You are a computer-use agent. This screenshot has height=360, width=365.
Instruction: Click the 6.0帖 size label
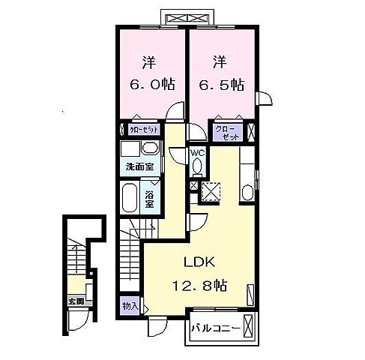[x=149, y=85]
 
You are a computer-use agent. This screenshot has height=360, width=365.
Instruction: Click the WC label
[x=198, y=152]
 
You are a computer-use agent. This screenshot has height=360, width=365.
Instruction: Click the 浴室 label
[x=149, y=199]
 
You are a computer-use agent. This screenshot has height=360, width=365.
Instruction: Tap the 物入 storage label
[x=130, y=306]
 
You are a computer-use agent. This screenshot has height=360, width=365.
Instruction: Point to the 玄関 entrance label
[x=76, y=302]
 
